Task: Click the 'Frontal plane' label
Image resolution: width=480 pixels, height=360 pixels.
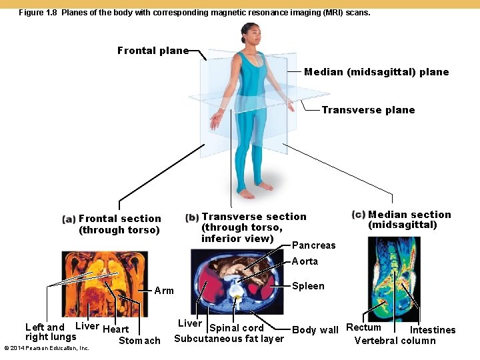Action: (153, 51)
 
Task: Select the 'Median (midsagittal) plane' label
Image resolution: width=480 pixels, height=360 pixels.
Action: (376, 72)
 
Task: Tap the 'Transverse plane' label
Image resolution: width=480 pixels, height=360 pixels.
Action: (368, 110)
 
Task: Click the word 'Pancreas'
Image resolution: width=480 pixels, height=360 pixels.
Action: (314, 245)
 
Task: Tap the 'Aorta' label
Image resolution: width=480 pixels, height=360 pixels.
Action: (305, 261)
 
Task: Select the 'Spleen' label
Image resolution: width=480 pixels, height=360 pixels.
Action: (308, 286)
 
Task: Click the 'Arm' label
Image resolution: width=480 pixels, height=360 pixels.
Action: (164, 291)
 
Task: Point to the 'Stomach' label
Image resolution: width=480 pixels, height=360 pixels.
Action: (139, 341)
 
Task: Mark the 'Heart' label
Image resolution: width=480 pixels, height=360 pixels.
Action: (116, 329)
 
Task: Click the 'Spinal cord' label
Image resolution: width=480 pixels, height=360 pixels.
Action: (237, 328)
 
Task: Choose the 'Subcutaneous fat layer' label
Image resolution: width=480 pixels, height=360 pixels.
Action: (229, 339)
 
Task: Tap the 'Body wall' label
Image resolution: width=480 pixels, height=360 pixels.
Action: (315, 330)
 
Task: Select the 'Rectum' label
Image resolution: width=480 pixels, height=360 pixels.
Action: (363, 327)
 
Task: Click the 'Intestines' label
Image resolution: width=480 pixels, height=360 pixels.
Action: (433, 330)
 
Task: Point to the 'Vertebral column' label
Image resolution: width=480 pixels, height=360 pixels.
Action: (395, 341)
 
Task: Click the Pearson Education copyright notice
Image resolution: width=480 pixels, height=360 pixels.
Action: (47, 348)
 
